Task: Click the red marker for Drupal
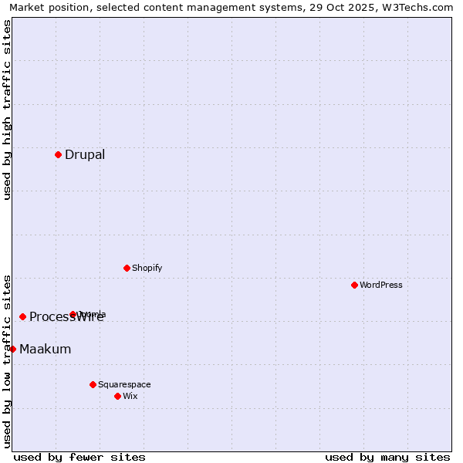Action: click(x=58, y=154)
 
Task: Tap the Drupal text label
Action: click(x=85, y=154)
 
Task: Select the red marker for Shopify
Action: click(x=127, y=268)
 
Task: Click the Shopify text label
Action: click(x=147, y=268)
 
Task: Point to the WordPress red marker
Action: click(x=354, y=285)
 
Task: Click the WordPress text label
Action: click(x=381, y=285)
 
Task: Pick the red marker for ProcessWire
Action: click(x=22, y=316)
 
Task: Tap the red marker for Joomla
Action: click(x=73, y=314)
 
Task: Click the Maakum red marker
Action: click(x=12, y=349)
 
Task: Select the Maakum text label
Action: click(x=45, y=349)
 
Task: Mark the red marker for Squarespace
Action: click(x=93, y=384)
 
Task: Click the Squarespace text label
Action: click(x=124, y=384)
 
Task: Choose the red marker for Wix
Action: click(x=117, y=396)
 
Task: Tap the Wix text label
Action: click(x=130, y=396)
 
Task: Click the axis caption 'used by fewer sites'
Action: click(x=79, y=457)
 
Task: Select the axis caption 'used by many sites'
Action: click(x=387, y=457)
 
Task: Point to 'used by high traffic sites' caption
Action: click(x=7, y=110)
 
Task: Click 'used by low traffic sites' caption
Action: click(x=7, y=360)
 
